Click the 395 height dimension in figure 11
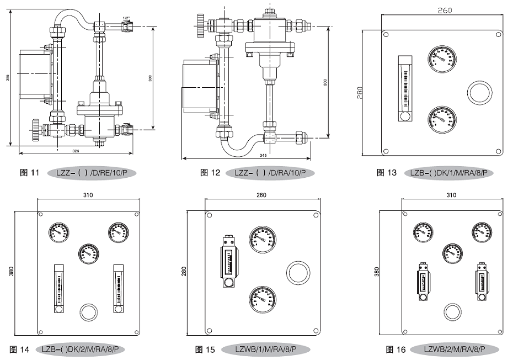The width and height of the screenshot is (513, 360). [x=8, y=78]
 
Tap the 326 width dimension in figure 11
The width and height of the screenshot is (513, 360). [x=76, y=150]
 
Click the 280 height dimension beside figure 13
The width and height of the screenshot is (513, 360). [x=360, y=92]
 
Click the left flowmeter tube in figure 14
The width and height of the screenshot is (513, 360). [x=59, y=286]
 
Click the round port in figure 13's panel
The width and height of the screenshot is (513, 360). [x=479, y=92]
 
